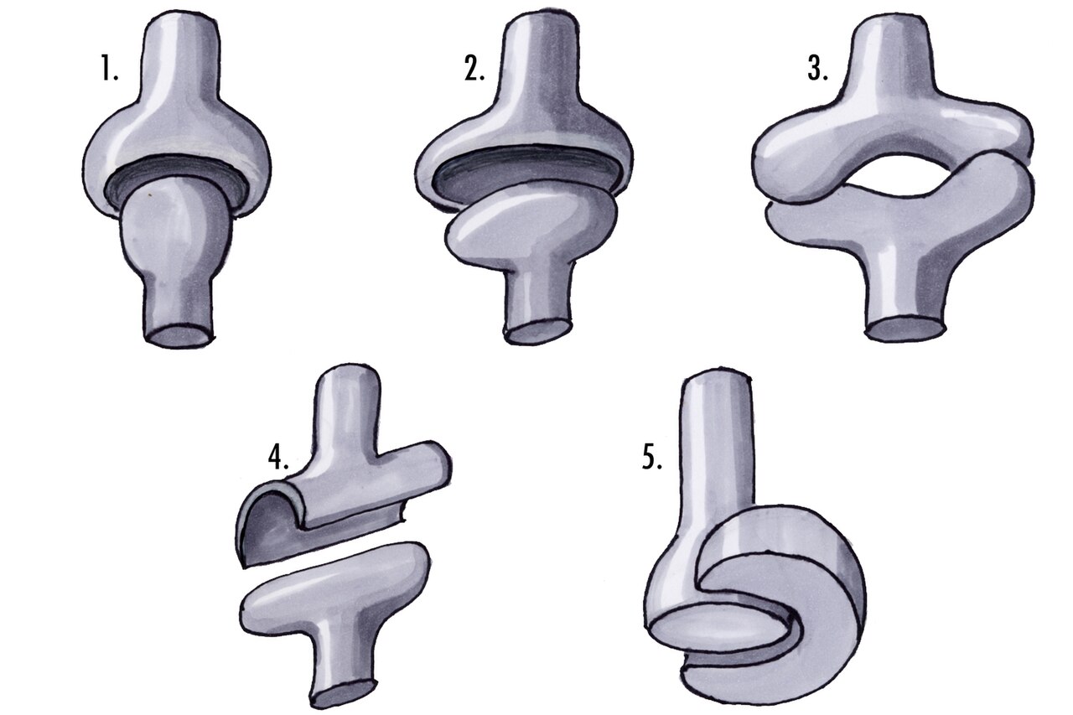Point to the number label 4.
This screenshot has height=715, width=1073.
point(278,458)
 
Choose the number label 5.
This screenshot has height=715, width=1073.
point(652,458)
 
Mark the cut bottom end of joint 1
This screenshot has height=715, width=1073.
point(178,336)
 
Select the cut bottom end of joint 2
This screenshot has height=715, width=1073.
point(539,332)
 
